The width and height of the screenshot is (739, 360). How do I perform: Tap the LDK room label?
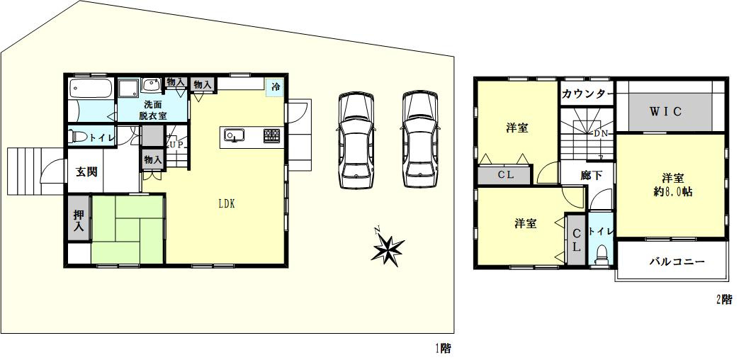click(x=226, y=204)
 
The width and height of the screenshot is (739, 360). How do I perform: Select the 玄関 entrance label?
click(x=86, y=172)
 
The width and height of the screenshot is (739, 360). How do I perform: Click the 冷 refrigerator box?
click(x=275, y=86)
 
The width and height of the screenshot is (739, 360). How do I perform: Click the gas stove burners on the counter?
click(x=271, y=135)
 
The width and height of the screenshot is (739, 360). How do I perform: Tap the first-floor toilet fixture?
click(x=78, y=137)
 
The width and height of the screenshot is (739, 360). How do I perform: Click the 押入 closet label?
click(x=79, y=220)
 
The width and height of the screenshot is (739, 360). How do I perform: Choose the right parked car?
click(x=420, y=140)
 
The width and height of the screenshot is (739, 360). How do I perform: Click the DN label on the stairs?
click(x=600, y=133)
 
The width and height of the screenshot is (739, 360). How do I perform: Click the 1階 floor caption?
click(x=442, y=349)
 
